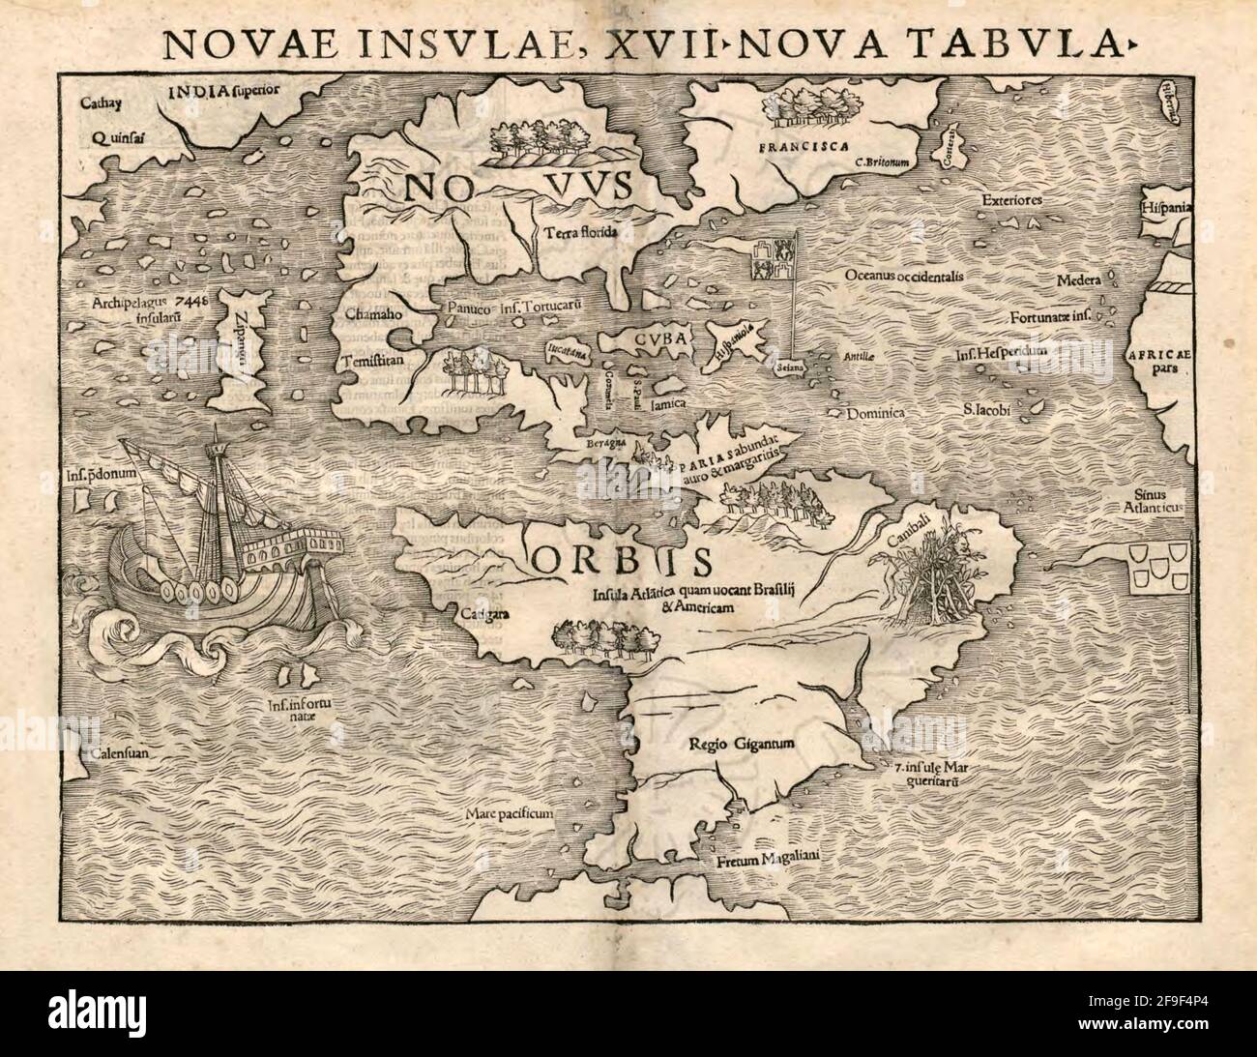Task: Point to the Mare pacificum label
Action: pos(508,814)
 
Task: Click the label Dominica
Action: pos(875,412)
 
